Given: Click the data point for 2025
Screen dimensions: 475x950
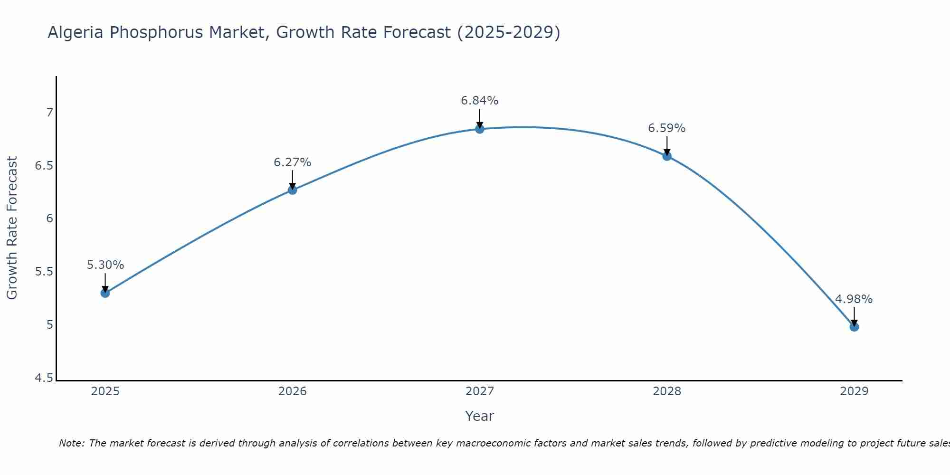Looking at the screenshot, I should pos(105,293).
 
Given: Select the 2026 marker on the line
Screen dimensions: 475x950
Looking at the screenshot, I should pos(293,190).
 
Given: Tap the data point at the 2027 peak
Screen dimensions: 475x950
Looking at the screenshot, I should pos(480,129).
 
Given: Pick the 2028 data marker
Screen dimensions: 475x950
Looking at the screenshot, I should pos(667,156).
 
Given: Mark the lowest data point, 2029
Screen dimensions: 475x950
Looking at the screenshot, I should pos(854,327).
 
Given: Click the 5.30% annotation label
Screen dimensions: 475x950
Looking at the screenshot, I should pos(105,265).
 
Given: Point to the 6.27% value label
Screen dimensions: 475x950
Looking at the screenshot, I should pos(293,162).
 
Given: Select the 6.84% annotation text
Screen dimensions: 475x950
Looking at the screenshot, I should pos(480,101).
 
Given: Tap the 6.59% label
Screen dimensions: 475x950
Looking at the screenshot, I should pos(667,128).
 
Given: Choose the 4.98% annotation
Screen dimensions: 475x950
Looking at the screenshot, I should pos(854,299).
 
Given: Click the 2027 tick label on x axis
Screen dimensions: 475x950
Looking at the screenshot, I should pos(480,391).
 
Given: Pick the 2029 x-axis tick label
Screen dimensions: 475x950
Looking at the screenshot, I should pos(854,391).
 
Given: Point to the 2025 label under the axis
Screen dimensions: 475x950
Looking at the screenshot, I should pos(105,391).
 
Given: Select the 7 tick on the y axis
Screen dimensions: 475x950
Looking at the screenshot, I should pos(49,113).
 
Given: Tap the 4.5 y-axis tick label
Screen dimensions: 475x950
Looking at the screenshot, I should pos(44,378).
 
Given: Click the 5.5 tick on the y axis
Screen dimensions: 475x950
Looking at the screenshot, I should pos(44,272).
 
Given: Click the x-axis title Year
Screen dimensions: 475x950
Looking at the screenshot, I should pos(480,416).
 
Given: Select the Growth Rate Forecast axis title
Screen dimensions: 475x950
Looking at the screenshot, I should pos(12,228).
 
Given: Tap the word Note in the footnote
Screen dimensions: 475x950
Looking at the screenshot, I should pos(71,443).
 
